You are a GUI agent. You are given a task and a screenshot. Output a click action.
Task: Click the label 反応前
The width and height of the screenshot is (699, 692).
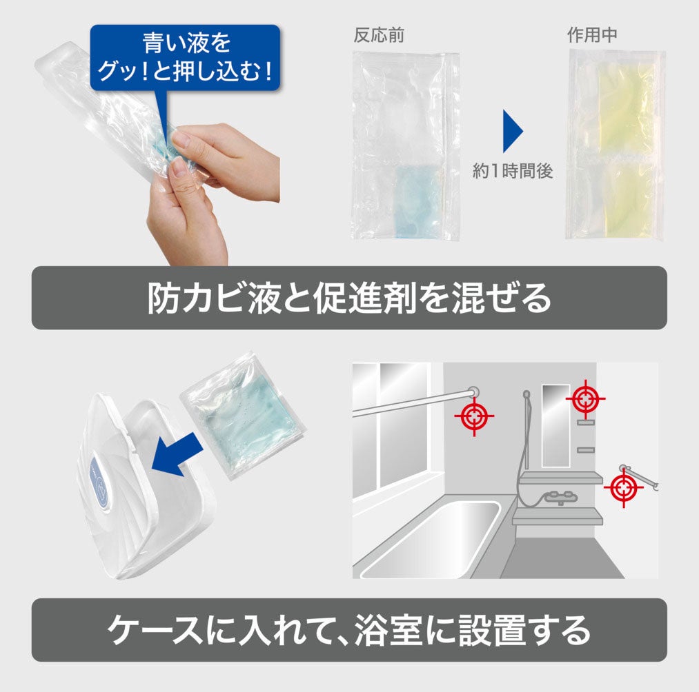pos(379,35)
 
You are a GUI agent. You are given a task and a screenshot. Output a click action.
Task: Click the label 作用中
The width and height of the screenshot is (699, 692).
pos(593,34)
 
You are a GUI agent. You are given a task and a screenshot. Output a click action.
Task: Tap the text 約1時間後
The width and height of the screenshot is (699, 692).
pos(513,170)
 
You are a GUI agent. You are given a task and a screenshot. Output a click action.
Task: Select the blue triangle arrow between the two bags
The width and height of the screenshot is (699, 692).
pos(513,132)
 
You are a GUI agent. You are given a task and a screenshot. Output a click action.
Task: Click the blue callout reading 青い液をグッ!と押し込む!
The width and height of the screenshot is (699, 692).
pos(185,57)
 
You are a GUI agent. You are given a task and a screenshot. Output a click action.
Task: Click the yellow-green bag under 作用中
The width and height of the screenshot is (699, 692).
pos(616,145)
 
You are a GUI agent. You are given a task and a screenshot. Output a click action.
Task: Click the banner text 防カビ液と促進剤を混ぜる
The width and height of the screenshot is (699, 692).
pos(349,298)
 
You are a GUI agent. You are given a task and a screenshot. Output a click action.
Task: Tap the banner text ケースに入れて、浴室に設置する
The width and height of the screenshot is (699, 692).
pos(349,630)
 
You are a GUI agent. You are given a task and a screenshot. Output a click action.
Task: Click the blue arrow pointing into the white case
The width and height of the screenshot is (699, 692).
pos(177,455)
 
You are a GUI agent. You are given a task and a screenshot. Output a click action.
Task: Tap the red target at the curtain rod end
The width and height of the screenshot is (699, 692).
pos(474,416)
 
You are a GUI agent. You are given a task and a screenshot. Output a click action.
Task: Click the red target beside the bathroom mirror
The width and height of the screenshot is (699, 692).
pos(585,399)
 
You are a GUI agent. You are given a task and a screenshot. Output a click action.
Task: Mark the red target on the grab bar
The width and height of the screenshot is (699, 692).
pos(624,487)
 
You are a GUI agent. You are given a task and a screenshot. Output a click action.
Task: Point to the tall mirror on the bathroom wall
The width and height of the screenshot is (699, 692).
pos(555,425)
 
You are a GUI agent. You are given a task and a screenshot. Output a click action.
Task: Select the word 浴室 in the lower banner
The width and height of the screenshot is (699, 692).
pos(388,630)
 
